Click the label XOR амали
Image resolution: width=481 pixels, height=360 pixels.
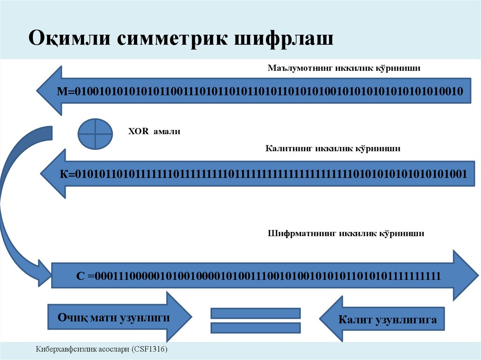coord(154,132)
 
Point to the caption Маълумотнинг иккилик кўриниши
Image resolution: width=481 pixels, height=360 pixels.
coord(344,69)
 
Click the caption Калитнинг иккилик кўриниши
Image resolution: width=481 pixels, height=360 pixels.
coord(333,149)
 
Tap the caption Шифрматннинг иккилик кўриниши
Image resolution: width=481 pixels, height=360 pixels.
coord(346,233)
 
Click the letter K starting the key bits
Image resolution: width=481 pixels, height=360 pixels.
coord(64,174)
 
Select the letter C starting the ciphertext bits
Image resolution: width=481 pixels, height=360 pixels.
coord(80,276)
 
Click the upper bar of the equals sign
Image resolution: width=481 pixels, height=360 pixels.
coord(256,313)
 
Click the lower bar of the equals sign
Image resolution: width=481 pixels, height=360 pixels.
coord(256,328)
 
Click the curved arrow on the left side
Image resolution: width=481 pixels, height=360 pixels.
coord(14,197)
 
